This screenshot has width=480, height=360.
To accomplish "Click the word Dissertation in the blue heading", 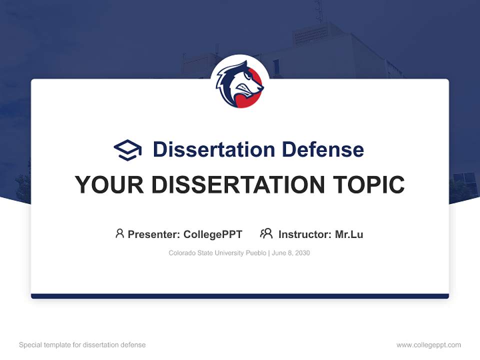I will click(x=213, y=149).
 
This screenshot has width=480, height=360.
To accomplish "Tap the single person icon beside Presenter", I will click(x=119, y=233).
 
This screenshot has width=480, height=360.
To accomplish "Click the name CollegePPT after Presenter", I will click(x=213, y=234).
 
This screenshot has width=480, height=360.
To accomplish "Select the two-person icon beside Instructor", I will click(x=266, y=233).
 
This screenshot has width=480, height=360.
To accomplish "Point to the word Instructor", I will click(x=304, y=234).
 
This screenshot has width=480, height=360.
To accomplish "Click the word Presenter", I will click(x=153, y=234).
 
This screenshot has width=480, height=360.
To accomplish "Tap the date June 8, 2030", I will click(x=291, y=253).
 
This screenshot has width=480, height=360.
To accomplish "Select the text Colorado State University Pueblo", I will click(x=217, y=253).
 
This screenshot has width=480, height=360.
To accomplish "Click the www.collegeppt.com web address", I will click(x=428, y=345).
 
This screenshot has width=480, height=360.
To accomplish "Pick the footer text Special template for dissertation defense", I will click(x=82, y=345).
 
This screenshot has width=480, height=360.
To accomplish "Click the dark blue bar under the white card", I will click(x=240, y=296).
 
